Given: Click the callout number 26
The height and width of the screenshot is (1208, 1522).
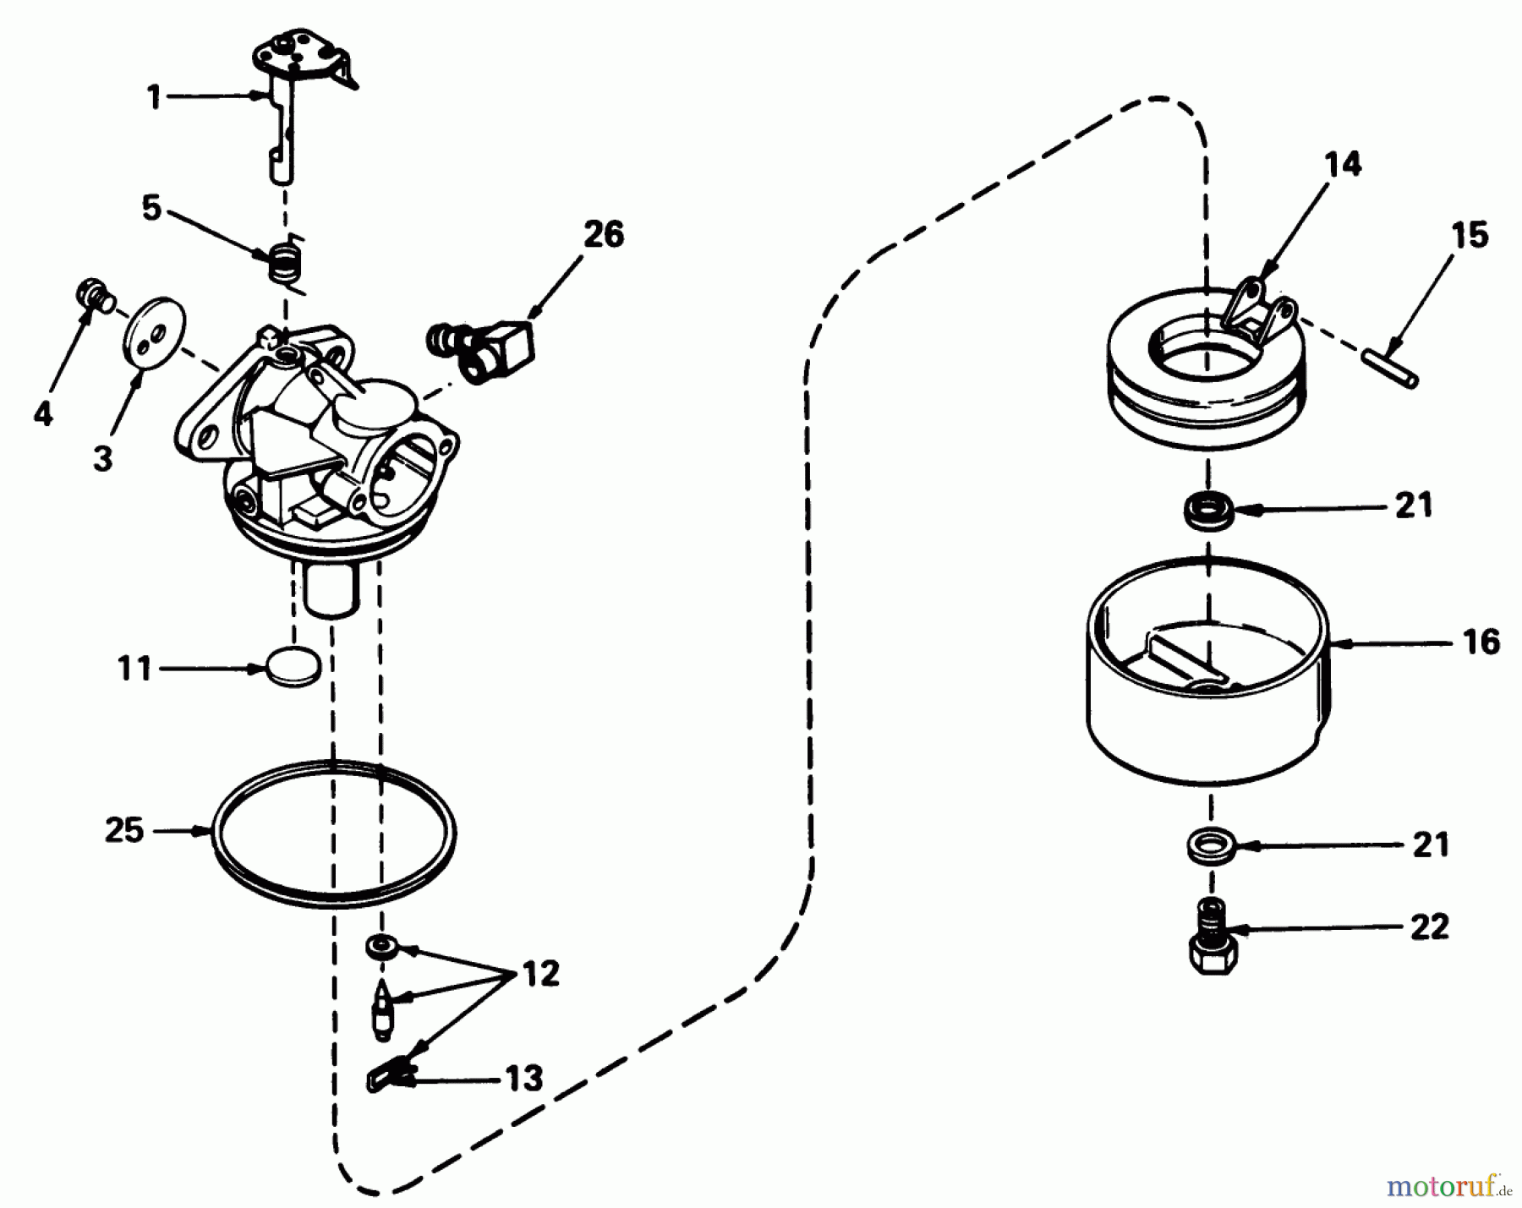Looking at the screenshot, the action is tap(604, 234).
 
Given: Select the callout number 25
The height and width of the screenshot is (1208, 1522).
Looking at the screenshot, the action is tap(124, 830).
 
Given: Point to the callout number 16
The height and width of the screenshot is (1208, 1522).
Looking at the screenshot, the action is tap(1481, 642).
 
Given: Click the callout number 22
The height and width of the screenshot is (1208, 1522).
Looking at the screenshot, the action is tap(1430, 926).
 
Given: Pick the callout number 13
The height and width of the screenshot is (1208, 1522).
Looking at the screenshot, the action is tap(524, 1078).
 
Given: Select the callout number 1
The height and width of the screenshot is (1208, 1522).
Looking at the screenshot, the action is tap(154, 96).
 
